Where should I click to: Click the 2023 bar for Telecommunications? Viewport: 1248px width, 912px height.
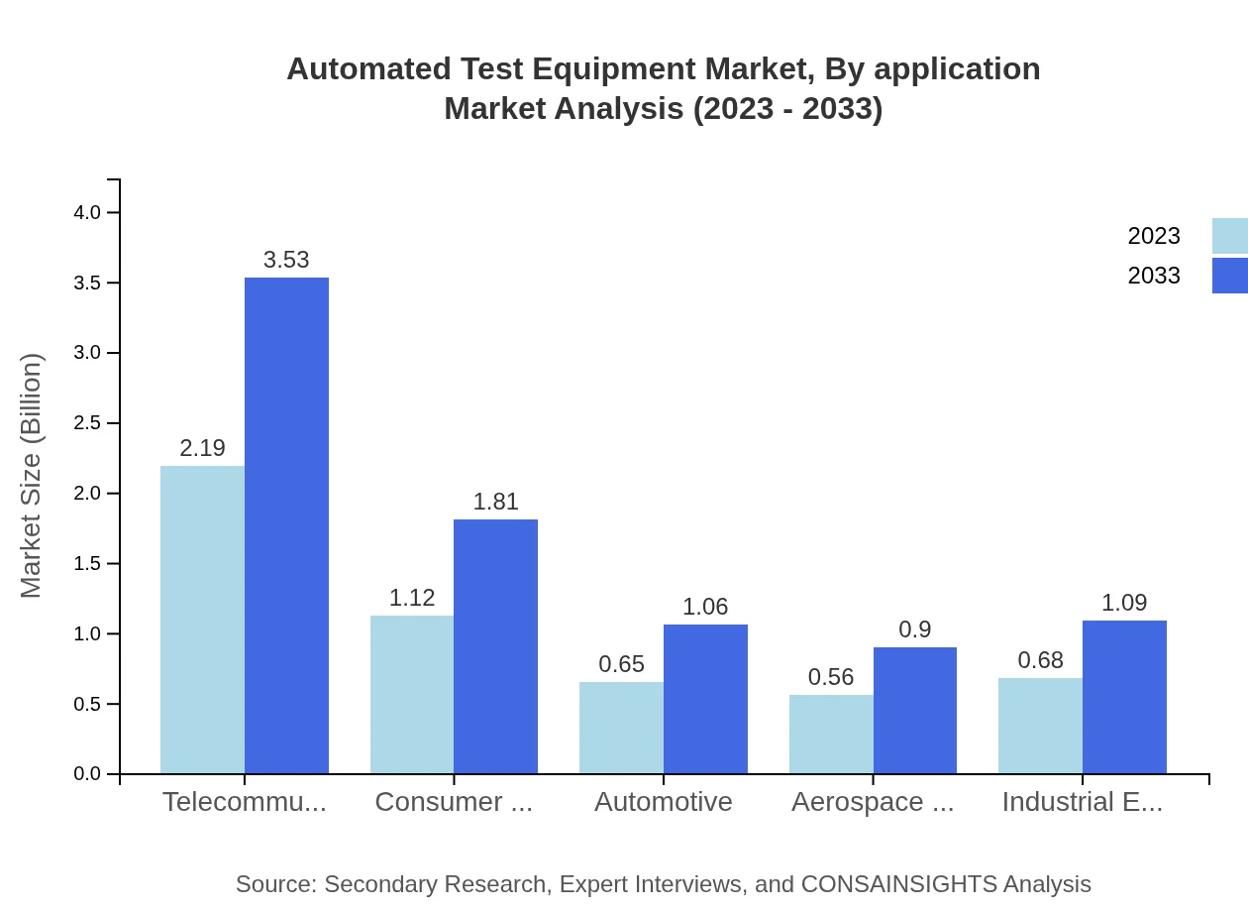click(202, 620)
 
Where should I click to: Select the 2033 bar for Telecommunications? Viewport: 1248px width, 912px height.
click(286, 525)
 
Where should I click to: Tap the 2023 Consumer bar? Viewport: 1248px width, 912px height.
click(412, 694)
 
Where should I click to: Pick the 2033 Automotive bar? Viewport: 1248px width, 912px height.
click(705, 699)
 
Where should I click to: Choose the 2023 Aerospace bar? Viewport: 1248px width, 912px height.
click(831, 734)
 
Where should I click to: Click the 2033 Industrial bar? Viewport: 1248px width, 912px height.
click(1124, 697)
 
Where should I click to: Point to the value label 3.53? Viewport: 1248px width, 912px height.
click(286, 260)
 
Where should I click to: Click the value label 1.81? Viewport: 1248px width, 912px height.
click(495, 502)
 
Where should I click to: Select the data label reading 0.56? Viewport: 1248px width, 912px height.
click(831, 677)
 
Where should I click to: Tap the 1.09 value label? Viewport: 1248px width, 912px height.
click(1124, 603)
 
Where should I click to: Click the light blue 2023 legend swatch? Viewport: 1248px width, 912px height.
click(1229, 236)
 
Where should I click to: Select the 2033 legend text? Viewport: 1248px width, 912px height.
click(1154, 276)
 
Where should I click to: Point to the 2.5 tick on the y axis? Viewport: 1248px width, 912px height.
click(89, 423)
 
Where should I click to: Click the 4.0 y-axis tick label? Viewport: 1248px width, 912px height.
click(89, 212)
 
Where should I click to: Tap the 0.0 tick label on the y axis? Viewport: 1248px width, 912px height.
click(89, 774)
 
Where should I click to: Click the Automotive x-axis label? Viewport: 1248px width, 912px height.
click(664, 801)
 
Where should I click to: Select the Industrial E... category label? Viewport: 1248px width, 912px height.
click(1082, 801)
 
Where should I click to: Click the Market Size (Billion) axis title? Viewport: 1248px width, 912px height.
click(32, 476)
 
